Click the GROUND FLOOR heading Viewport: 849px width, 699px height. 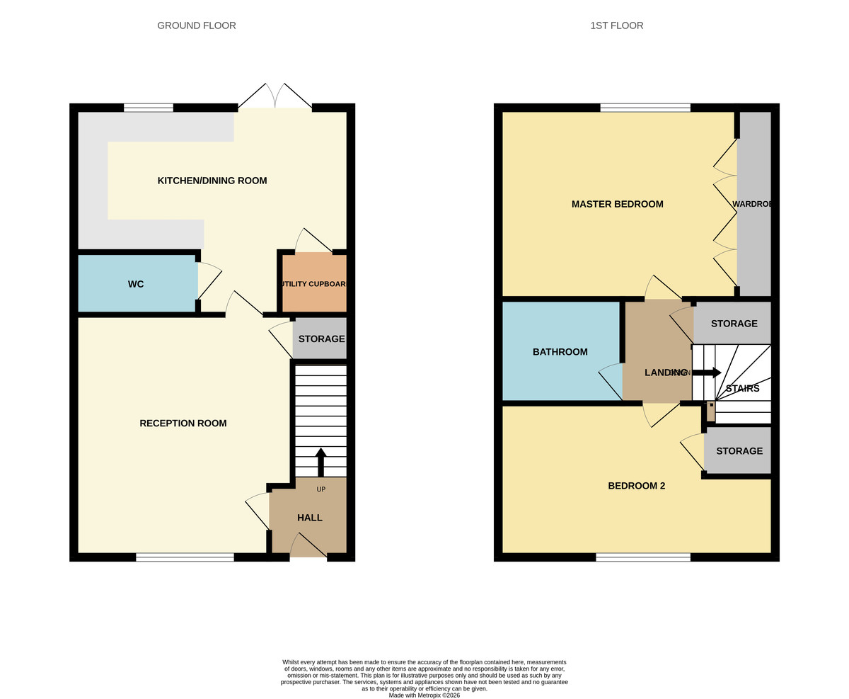[x=197, y=25]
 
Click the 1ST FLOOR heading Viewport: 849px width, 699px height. [x=616, y=25]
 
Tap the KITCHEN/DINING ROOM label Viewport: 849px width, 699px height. [x=212, y=181]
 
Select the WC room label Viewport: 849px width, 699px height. [x=136, y=284]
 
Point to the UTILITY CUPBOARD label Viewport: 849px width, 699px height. [x=314, y=284]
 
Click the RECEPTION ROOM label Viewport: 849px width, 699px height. [x=183, y=424]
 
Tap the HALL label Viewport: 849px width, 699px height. [x=310, y=518]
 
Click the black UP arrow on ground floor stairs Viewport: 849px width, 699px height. [x=320, y=461]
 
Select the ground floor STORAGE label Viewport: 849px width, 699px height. [x=321, y=339]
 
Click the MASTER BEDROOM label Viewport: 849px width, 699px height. [x=617, y=204]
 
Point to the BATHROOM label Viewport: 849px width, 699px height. [x=560, y=352]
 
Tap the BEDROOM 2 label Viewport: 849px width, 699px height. [x=636, y=486]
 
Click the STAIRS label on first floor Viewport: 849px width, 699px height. [x=742, y=388]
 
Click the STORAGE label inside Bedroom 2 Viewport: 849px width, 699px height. [x=739, y=451]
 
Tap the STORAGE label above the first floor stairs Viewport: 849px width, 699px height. [x=734, y=324]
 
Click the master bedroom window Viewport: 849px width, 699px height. [x=645, y=108]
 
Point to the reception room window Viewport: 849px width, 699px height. [x=185, y=557]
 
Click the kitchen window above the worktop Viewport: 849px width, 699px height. [x=149, y=108]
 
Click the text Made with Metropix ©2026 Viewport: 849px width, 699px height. [x=424, y=695]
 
